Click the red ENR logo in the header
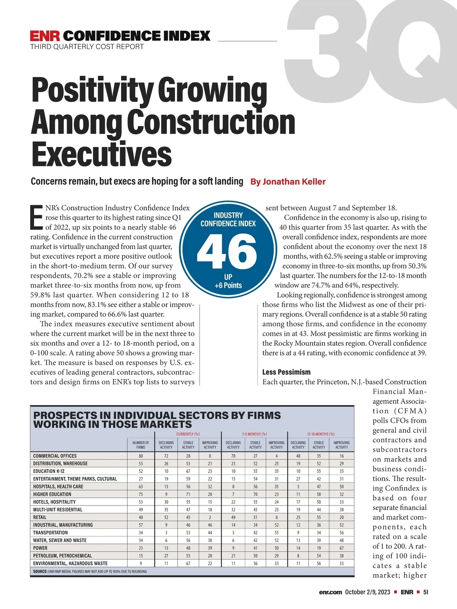tap(45, 36)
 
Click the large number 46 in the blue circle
tap(227, 251)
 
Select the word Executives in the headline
tap(101, 154)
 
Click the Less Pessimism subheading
tap(286, 372)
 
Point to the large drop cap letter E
tap(37, 218)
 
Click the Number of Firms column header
tap(141, 445)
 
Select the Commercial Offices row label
tap(55, 456)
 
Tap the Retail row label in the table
tap(40, 517)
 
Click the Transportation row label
tap(50, 532)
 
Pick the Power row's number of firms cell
tap(141, 548)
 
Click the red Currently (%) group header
tap(188, 434)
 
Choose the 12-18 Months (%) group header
tap(321, 434)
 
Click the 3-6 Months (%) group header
tap(254, 434)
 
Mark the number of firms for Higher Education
tap(141, 494)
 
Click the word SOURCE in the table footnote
tap(40, 571)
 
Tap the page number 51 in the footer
tap(426, 592)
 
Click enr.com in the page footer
tap(331, 592)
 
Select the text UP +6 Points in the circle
tap(228, 281)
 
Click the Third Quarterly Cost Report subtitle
tap(87, 47)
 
